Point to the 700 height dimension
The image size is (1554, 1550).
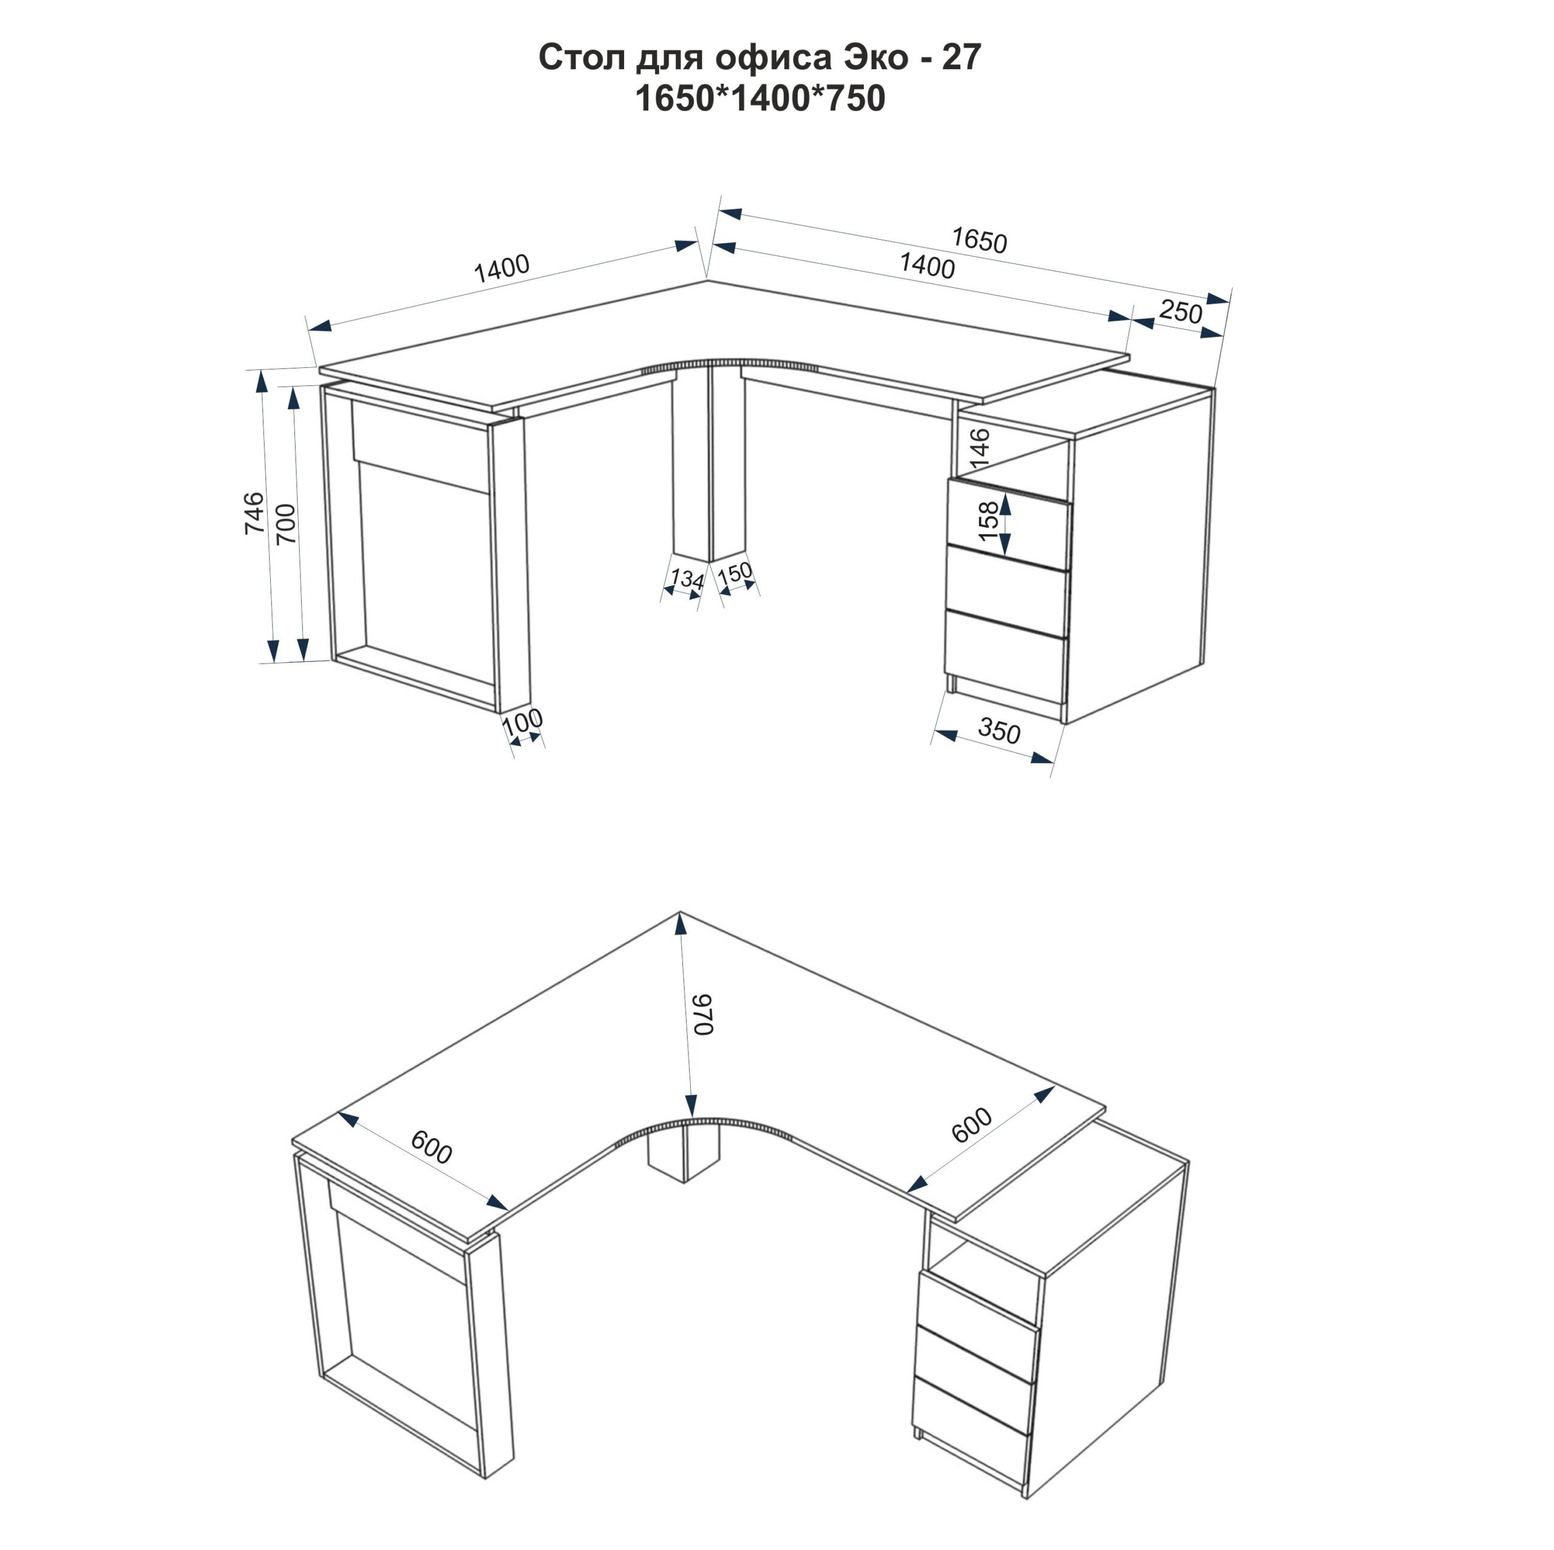pos(287,523)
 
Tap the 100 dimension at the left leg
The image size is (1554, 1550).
pos(523,721)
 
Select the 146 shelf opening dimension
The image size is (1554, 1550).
pos(980,449)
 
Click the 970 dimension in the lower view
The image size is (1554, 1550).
pos(704,1015)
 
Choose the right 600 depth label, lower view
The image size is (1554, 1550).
pos(972,1125)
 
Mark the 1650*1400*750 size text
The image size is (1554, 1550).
pos(760,98)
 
